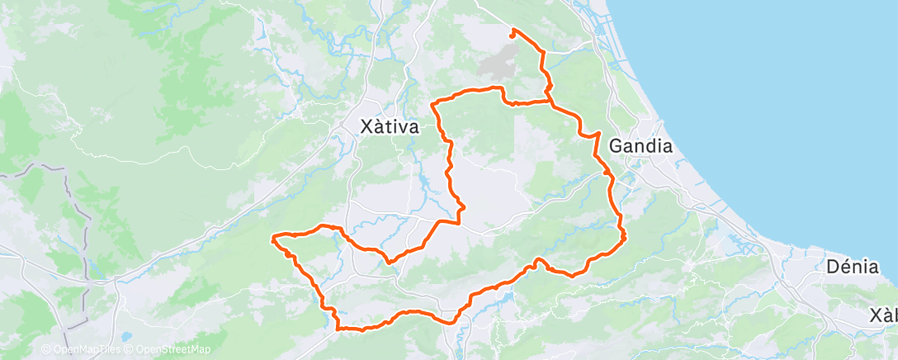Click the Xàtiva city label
click(x=390, y=127)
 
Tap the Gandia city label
click(x=640, y=146)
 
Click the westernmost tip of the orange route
click(x=272, y=239)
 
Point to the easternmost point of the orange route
click(x=625, y=236)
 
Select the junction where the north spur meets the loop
click(x=551, y=101)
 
